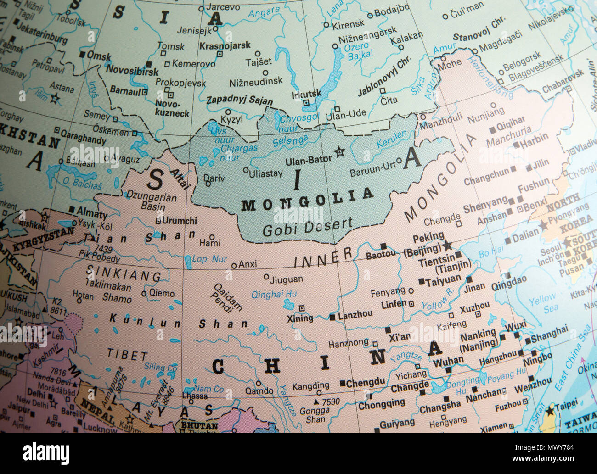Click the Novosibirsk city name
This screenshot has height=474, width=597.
point(132,71)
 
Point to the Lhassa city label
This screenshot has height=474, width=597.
point(195,396)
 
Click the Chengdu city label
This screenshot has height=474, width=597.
point(366,382)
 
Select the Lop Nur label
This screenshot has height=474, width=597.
point(210,259)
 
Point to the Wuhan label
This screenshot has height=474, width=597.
point(448,361)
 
